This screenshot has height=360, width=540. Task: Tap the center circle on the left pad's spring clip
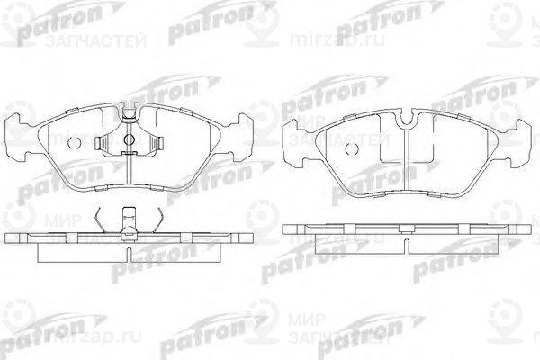pyautogui.click(x=129, y=140)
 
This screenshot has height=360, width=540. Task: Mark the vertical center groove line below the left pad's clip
pyautogui.click(x=129, y=175)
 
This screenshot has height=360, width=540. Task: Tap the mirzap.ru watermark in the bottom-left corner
pyautogui.click(x=46, y=350)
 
